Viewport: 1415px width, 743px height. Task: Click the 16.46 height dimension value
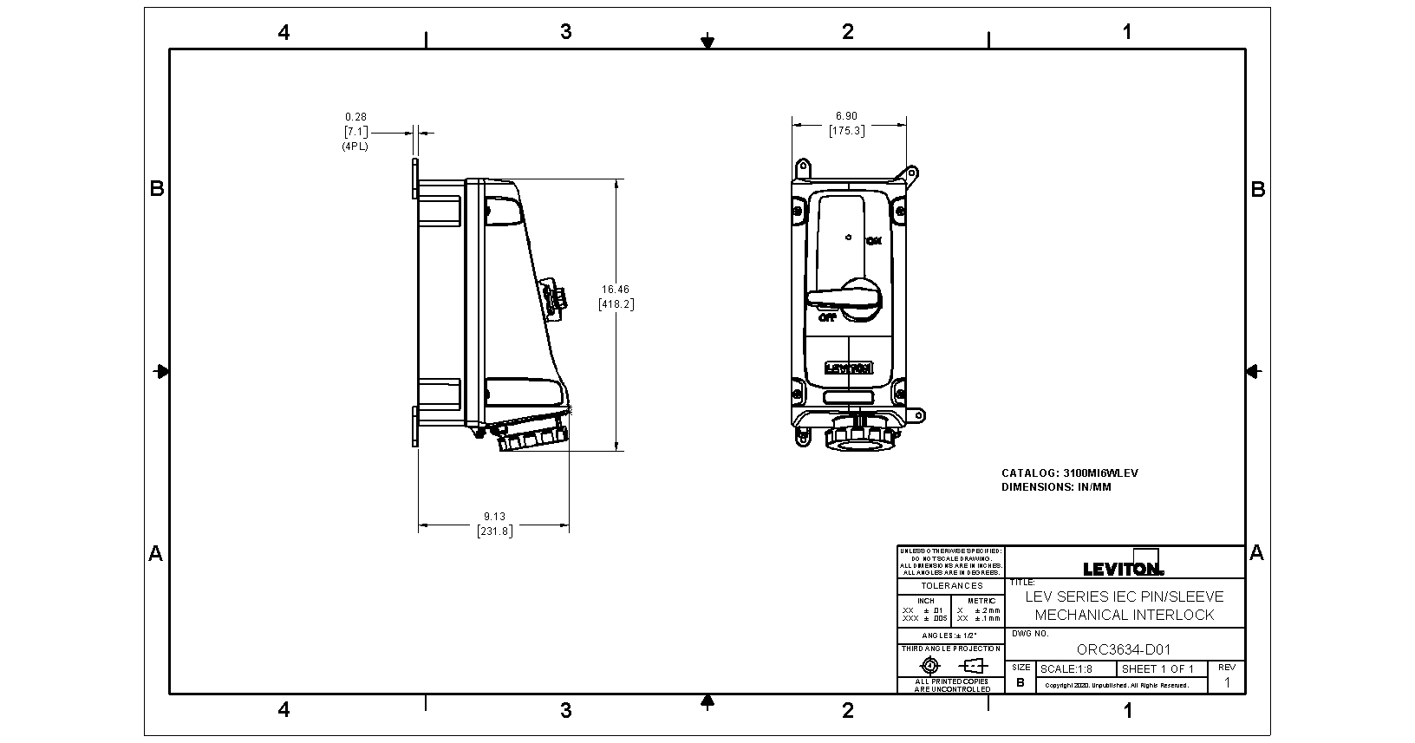616,290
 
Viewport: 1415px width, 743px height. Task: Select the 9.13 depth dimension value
494,517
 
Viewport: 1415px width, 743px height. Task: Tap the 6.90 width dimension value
846,116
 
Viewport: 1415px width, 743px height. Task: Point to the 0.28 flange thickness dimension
355,116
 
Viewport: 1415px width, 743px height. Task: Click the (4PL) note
355,147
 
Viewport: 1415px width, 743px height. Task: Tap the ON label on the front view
874,240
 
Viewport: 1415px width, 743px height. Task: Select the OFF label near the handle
827,317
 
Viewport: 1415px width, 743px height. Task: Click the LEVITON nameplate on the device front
848,368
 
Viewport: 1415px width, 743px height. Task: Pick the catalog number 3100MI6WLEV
1100,473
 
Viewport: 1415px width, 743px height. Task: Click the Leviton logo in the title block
1124,569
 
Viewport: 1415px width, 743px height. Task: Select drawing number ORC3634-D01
1124,648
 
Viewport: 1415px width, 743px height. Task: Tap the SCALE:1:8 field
1066,669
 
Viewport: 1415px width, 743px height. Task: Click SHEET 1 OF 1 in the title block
1157,669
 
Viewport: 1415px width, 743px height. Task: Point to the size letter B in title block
1020,682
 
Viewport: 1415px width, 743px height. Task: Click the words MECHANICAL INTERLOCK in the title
1124,615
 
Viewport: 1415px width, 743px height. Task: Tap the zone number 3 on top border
565,32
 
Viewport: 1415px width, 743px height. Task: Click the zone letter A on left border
156,553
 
